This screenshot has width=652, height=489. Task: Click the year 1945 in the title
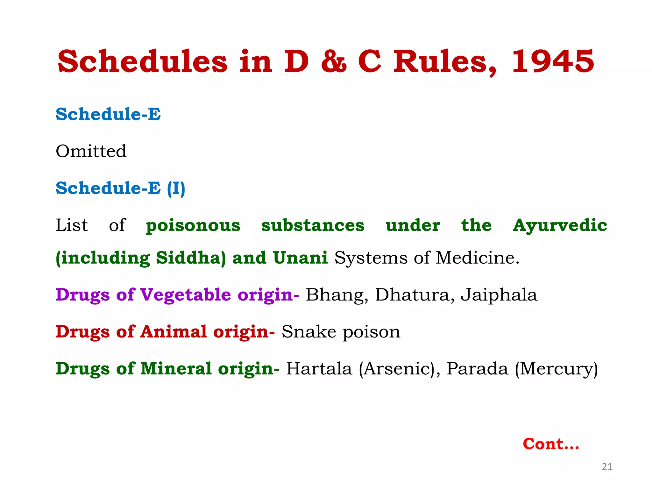(553, 61)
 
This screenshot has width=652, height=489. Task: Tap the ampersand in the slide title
(333, 61)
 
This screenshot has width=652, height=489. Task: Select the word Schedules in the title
(142, 61)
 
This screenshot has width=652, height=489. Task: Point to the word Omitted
(91, 151)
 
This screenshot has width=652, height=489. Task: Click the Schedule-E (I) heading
(120, 188)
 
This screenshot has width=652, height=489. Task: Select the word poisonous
(193, 225)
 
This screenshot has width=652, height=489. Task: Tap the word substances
(313, 225)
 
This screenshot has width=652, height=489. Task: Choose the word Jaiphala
(499, 295)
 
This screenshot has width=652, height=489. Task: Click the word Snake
(308, 332)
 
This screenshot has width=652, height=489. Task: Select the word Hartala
(319, 369)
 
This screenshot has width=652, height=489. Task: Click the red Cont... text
(551, 444)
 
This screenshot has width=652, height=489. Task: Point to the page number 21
(607, 467)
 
